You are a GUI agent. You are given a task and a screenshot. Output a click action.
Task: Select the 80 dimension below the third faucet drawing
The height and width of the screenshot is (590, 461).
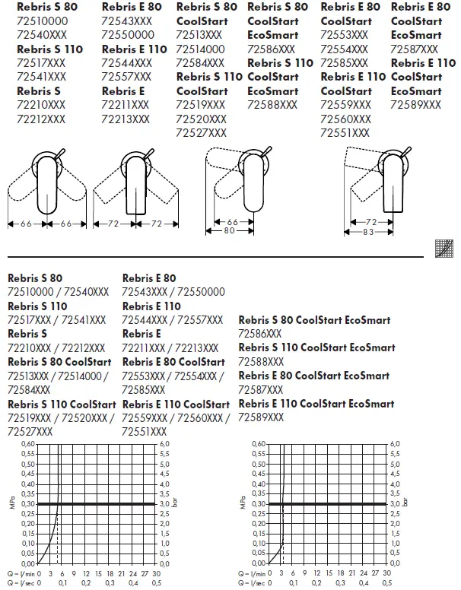[229, 232]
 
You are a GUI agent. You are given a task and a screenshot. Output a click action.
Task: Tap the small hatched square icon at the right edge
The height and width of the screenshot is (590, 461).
[444, 247]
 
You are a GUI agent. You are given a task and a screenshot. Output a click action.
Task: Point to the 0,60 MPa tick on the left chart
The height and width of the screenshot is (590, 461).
[27, 443]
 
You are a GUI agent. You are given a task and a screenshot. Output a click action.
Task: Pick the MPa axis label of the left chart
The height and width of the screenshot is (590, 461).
[14, 503]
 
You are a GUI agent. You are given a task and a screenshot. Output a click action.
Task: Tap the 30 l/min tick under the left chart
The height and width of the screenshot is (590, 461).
[156, 573]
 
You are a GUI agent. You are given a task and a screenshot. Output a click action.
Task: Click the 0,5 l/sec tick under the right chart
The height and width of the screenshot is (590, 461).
[390, 583]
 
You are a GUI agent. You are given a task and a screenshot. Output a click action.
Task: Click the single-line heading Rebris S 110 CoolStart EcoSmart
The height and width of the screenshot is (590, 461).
[317, 347]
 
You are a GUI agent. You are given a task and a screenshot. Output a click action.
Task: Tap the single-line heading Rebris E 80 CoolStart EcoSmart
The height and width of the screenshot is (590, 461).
[314, 376]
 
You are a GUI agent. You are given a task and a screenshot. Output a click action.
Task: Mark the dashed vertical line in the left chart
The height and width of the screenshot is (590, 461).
[59, 540]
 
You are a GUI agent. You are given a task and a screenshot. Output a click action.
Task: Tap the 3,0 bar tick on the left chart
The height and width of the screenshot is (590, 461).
[164, 503]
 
